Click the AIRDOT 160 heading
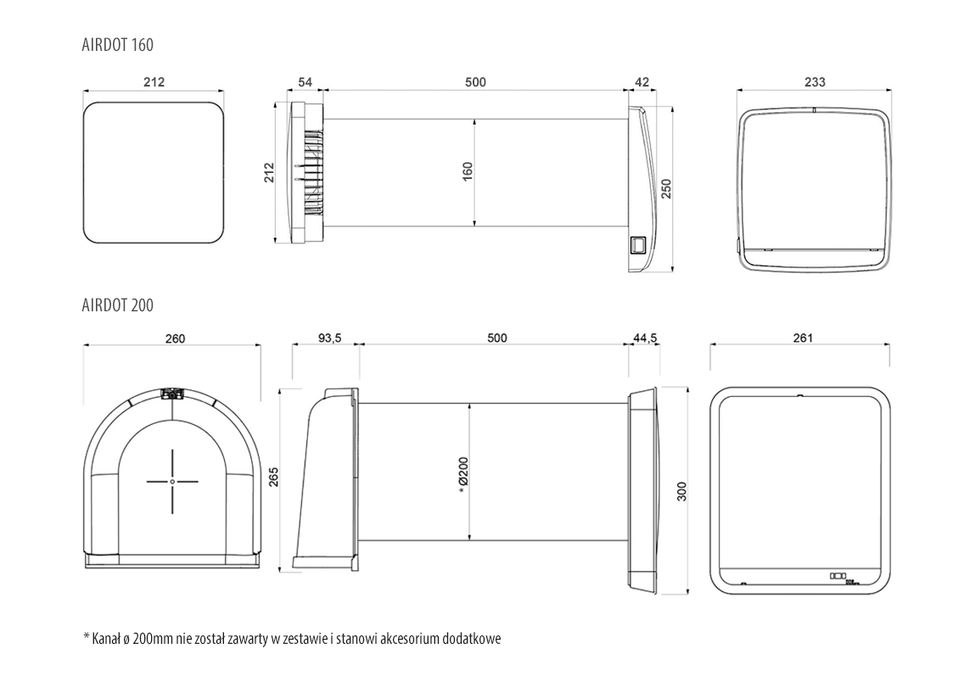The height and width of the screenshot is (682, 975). [x=117, y=45]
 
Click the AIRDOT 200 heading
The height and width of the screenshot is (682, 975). [x=117, y=305]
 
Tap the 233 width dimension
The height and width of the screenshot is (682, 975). [x=815, y=82]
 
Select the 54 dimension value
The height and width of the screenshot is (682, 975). [x=305, y=82]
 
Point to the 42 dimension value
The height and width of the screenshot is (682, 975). [x=642, y=82]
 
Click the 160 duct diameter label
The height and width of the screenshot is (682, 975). [x=468, y=171]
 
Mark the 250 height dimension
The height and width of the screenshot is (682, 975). [x=666, y=188]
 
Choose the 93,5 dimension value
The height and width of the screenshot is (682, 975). [x=329, y=338]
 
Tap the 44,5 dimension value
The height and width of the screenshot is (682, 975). [x=645, y=338]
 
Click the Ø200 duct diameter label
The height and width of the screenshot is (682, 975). [x=463, y=475]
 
